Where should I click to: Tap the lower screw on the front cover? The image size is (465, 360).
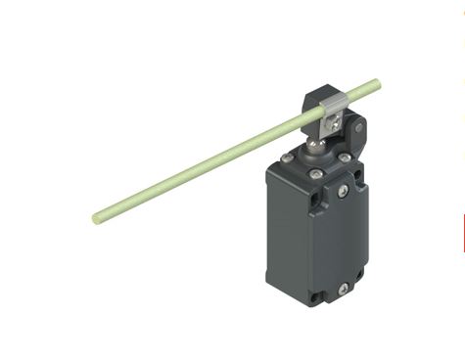coord(344,288)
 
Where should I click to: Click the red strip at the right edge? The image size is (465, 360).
coord(463,234)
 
